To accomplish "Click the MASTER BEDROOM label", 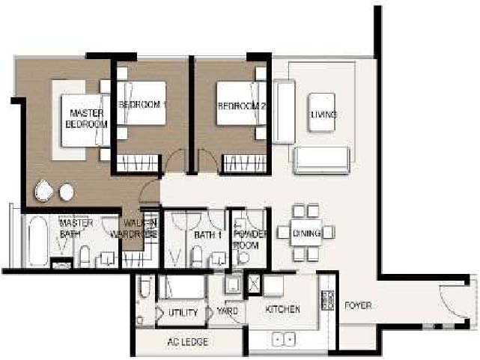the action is (86, 119).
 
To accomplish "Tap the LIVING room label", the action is (323, 115).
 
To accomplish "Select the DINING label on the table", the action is (307, 234).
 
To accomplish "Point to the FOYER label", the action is (358, 305).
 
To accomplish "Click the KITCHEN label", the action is (282, 309).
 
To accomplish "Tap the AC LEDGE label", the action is (188, 341).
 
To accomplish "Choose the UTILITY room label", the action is (183, 312).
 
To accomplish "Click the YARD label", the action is (227, 311).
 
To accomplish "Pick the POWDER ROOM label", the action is (250, 240).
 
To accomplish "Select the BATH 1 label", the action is (208, 235).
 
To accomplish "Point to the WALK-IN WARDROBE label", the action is (134, 228).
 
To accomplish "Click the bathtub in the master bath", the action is (38, 241).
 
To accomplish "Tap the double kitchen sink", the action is (283, 339).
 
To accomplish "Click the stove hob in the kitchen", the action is (327, 300).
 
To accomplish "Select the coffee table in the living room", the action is (322, 112).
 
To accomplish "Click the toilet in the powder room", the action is (243, 257).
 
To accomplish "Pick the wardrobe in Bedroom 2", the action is (245, 164).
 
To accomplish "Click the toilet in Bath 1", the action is (196, 256).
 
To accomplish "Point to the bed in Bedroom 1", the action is (142, 103).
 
